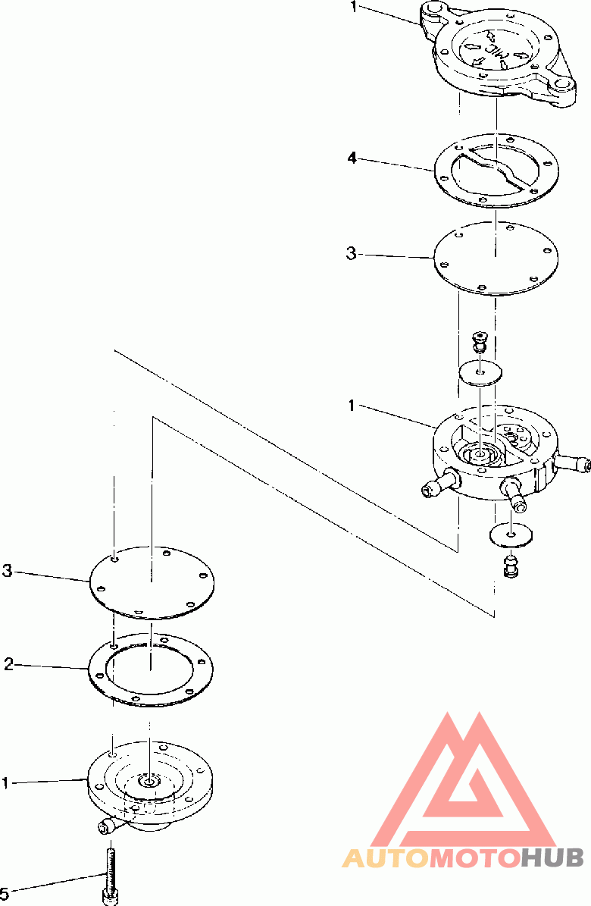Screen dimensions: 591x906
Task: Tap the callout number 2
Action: [x=8, y=664]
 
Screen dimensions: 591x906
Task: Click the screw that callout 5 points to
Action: [x=110, y=875]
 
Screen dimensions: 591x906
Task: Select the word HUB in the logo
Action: [x=552, y=858]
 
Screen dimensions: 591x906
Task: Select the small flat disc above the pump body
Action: [x=480, y=373]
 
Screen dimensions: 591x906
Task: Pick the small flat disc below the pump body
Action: [x=511, y=535]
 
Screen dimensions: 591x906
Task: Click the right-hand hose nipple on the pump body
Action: [x=572, y=462]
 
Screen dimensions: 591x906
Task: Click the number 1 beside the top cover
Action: [x=354, y=8]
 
